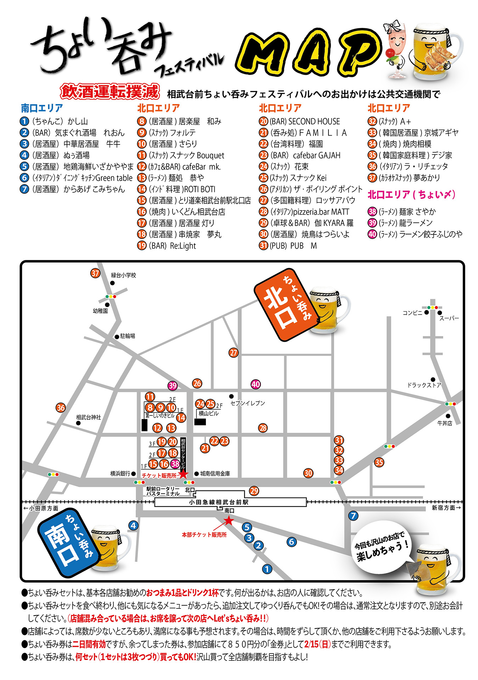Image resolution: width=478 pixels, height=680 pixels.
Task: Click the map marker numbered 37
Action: [95, 273]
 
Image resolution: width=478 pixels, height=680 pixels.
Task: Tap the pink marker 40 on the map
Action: [255, 384]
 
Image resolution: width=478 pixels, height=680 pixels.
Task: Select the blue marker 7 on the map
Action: [353, 516]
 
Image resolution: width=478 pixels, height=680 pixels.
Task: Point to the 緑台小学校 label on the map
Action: [123, 275]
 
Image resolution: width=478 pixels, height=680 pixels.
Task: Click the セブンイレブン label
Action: [247, 403]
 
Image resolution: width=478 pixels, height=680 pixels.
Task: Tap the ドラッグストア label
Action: [424, 385]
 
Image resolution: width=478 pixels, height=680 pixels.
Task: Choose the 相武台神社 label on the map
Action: [88, 417]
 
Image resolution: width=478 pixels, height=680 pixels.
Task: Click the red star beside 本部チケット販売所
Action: [229, 520]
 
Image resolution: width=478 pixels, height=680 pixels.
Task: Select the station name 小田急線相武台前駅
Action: [218, 502]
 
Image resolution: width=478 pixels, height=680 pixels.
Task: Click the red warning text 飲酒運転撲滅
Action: [110, 92]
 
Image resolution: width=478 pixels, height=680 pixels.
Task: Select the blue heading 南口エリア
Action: [42, 108]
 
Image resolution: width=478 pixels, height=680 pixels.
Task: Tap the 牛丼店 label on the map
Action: [444, 423]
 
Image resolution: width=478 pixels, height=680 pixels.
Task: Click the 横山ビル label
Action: [208, 413]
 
